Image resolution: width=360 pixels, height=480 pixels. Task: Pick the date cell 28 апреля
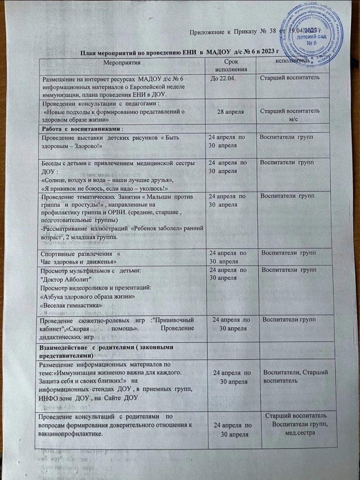(x=230, y=111)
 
